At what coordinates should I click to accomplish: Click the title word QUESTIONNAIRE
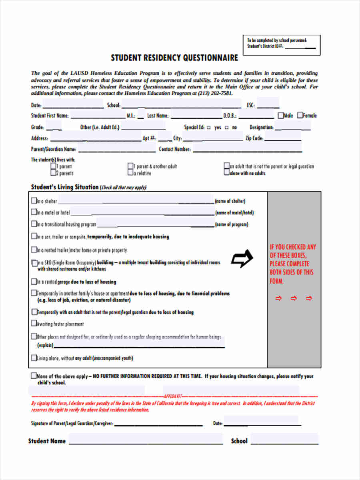click(210, 58)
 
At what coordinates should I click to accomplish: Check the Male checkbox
click(281, 116)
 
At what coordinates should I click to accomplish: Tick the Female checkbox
click(300, 115)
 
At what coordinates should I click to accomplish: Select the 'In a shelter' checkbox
click(34, 201)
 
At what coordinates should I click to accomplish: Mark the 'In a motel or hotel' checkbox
click(34, 213)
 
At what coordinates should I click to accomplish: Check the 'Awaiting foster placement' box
click(34, 324)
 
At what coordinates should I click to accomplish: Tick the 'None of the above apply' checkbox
click(33, 376)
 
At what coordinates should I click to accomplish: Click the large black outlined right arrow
click(242, 259)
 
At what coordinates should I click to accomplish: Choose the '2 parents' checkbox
click(53, 173)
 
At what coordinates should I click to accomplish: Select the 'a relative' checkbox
click(130, 173)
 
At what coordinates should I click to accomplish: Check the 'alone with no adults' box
click(227, 173)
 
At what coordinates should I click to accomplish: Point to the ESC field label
click(250, 106)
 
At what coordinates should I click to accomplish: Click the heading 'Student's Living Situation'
click(64, 187)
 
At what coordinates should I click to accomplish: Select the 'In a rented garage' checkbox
click(34, 282)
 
